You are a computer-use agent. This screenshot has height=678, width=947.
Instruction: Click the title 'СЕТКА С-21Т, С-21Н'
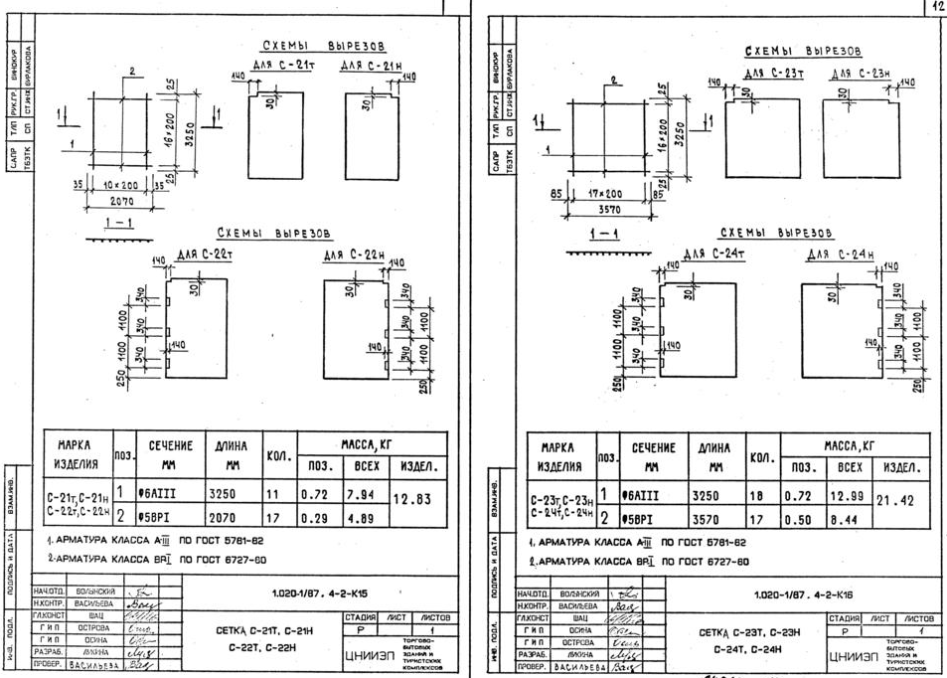click(258, 630)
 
